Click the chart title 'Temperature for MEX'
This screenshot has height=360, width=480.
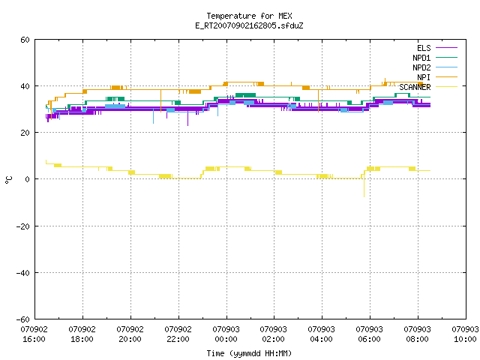pyautogui.click(x=249, y=16)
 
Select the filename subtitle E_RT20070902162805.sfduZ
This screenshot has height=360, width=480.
pyautogui.click(x=249, y=25)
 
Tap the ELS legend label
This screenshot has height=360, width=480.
pyautogui.click(x=424, y=48)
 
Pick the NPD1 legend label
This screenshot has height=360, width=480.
pyautogui.click(x=421, y=58)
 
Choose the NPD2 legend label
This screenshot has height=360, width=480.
pyautogui.click(x=421, y=67)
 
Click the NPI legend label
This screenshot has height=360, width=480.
pyautogui.click(x=424, y=77)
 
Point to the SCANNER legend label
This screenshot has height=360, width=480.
pyautogui.click(x=415, y=87)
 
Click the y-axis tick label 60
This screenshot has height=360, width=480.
pyautogui.click(x=25, y=40)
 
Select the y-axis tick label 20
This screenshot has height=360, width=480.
pyautogui.click(x=25, y=133)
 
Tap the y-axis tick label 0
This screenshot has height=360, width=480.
pyautogui.click(x=27, y=179)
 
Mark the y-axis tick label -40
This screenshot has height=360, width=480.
pyautogui.click(x=23, y=273)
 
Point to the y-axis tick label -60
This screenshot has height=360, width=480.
pyautogui.click(x=23, y=319)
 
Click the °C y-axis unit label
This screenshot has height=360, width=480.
pyautogui.click(x=9, y=180)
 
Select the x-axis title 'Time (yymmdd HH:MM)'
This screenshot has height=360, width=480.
pyautogui.click(x=249, y=353)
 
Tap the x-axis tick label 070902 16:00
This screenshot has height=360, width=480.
pyautogui.click(x=34, y=334)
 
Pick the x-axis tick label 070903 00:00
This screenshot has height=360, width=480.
pyautogui.click(x=226, y=334)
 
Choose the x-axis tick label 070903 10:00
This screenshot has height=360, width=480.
pyautogui.click(x=465, y=334)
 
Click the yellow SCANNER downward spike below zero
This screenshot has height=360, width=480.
pyautogui.click(x=364, y=187)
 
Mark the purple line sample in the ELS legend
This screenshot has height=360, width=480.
pyautogui.click(x=447, y=48)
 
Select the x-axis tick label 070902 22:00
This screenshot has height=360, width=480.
pyautogui.click(x=178, y=334)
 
